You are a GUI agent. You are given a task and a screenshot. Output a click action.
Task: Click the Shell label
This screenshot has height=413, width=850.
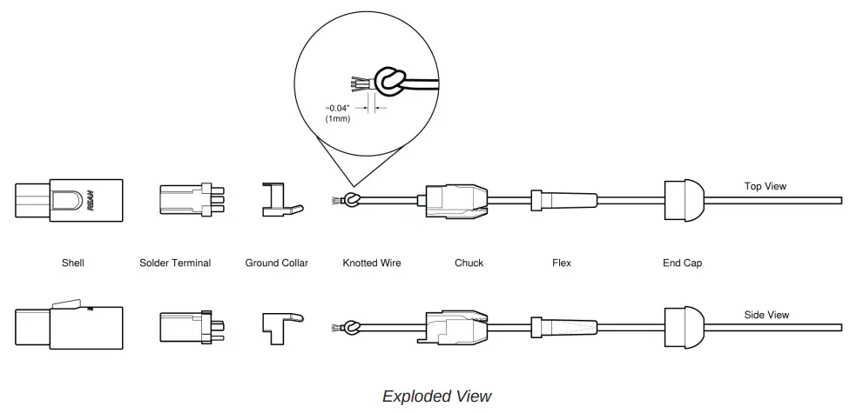click(72, 263)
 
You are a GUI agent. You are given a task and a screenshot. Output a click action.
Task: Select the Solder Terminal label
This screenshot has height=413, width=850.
click(175, 263)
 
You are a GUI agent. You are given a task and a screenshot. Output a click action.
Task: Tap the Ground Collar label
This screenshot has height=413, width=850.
click(276, 263)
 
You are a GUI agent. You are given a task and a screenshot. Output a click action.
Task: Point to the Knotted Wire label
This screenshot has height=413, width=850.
click(372, 263)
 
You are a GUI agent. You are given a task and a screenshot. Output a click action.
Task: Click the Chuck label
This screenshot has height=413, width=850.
click(469, 263)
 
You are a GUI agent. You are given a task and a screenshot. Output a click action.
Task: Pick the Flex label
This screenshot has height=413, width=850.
click(562, 263)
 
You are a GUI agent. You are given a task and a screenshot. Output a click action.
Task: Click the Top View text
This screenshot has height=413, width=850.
click(766, 186)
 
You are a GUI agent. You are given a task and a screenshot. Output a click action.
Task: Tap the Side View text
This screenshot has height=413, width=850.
click(766, 315)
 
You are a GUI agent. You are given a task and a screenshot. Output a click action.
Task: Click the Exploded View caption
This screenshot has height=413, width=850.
click(437, 396)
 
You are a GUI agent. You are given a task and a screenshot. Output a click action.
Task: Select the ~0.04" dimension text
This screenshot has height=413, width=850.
click(338, 109)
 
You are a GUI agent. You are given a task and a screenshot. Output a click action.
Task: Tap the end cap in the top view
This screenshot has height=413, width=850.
click(684, 200)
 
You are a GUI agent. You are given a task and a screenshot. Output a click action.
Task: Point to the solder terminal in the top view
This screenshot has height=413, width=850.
click(186, 200)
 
